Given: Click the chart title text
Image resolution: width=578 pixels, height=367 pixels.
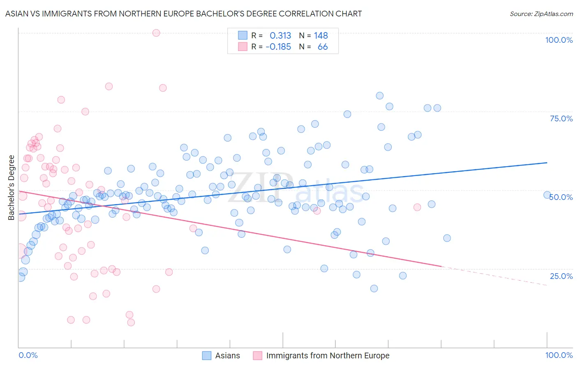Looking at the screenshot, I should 183,14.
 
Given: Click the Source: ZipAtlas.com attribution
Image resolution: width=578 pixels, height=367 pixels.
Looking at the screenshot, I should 541,14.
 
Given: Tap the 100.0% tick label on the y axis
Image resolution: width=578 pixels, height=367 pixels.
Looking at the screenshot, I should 559,40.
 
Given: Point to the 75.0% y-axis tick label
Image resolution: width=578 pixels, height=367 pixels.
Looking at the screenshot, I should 561,118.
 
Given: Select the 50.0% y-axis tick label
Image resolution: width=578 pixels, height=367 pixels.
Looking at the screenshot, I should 561,197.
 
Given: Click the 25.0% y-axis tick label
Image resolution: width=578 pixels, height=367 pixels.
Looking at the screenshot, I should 561,276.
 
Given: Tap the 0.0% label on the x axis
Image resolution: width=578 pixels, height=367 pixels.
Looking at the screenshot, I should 28,355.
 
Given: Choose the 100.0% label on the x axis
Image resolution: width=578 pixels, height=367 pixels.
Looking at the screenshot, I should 559,355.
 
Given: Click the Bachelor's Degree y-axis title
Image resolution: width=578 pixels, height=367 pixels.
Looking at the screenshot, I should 12,188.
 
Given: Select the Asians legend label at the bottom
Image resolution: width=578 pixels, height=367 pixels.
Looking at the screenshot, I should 227,355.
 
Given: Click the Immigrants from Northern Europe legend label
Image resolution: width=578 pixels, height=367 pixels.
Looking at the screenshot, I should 328,355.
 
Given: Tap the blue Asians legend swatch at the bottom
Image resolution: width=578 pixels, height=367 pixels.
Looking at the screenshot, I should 207,355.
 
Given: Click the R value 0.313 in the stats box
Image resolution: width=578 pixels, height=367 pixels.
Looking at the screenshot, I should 280,36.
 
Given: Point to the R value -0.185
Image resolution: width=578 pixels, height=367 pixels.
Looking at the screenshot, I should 278,47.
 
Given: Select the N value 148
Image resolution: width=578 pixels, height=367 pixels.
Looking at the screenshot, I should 321,36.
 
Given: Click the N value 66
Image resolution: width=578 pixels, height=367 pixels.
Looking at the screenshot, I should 323,47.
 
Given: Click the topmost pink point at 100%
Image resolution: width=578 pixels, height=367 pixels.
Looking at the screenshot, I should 156,33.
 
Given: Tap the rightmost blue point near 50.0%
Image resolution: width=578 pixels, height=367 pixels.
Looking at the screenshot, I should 547,195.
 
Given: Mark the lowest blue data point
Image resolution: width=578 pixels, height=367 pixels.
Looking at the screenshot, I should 374,288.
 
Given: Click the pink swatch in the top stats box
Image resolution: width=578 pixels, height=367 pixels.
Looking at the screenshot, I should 243,47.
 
